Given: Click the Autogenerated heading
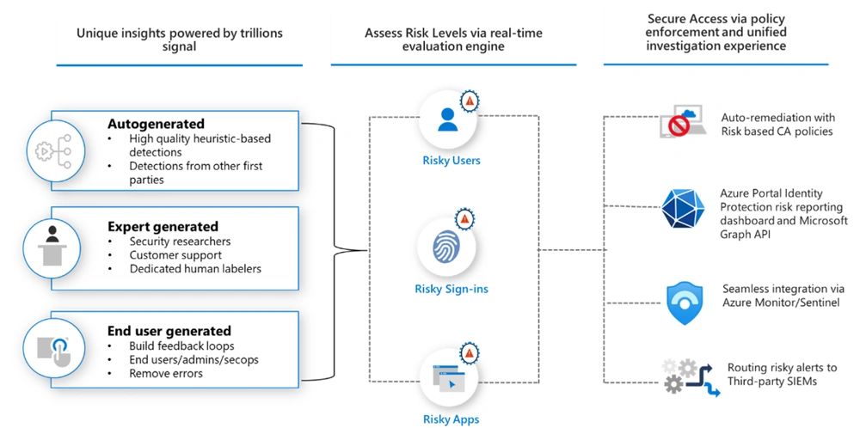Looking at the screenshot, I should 156,124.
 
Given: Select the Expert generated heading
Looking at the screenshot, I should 163,227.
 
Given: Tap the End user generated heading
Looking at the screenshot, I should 169,331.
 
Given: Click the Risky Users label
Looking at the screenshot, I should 451,160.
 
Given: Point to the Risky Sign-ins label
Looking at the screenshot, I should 451,289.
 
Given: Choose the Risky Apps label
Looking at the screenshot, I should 451,419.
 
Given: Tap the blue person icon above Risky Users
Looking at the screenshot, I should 447,118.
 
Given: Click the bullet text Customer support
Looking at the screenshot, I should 175,255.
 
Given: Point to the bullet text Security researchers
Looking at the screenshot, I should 180,242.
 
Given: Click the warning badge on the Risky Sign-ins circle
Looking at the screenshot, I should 466,220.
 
